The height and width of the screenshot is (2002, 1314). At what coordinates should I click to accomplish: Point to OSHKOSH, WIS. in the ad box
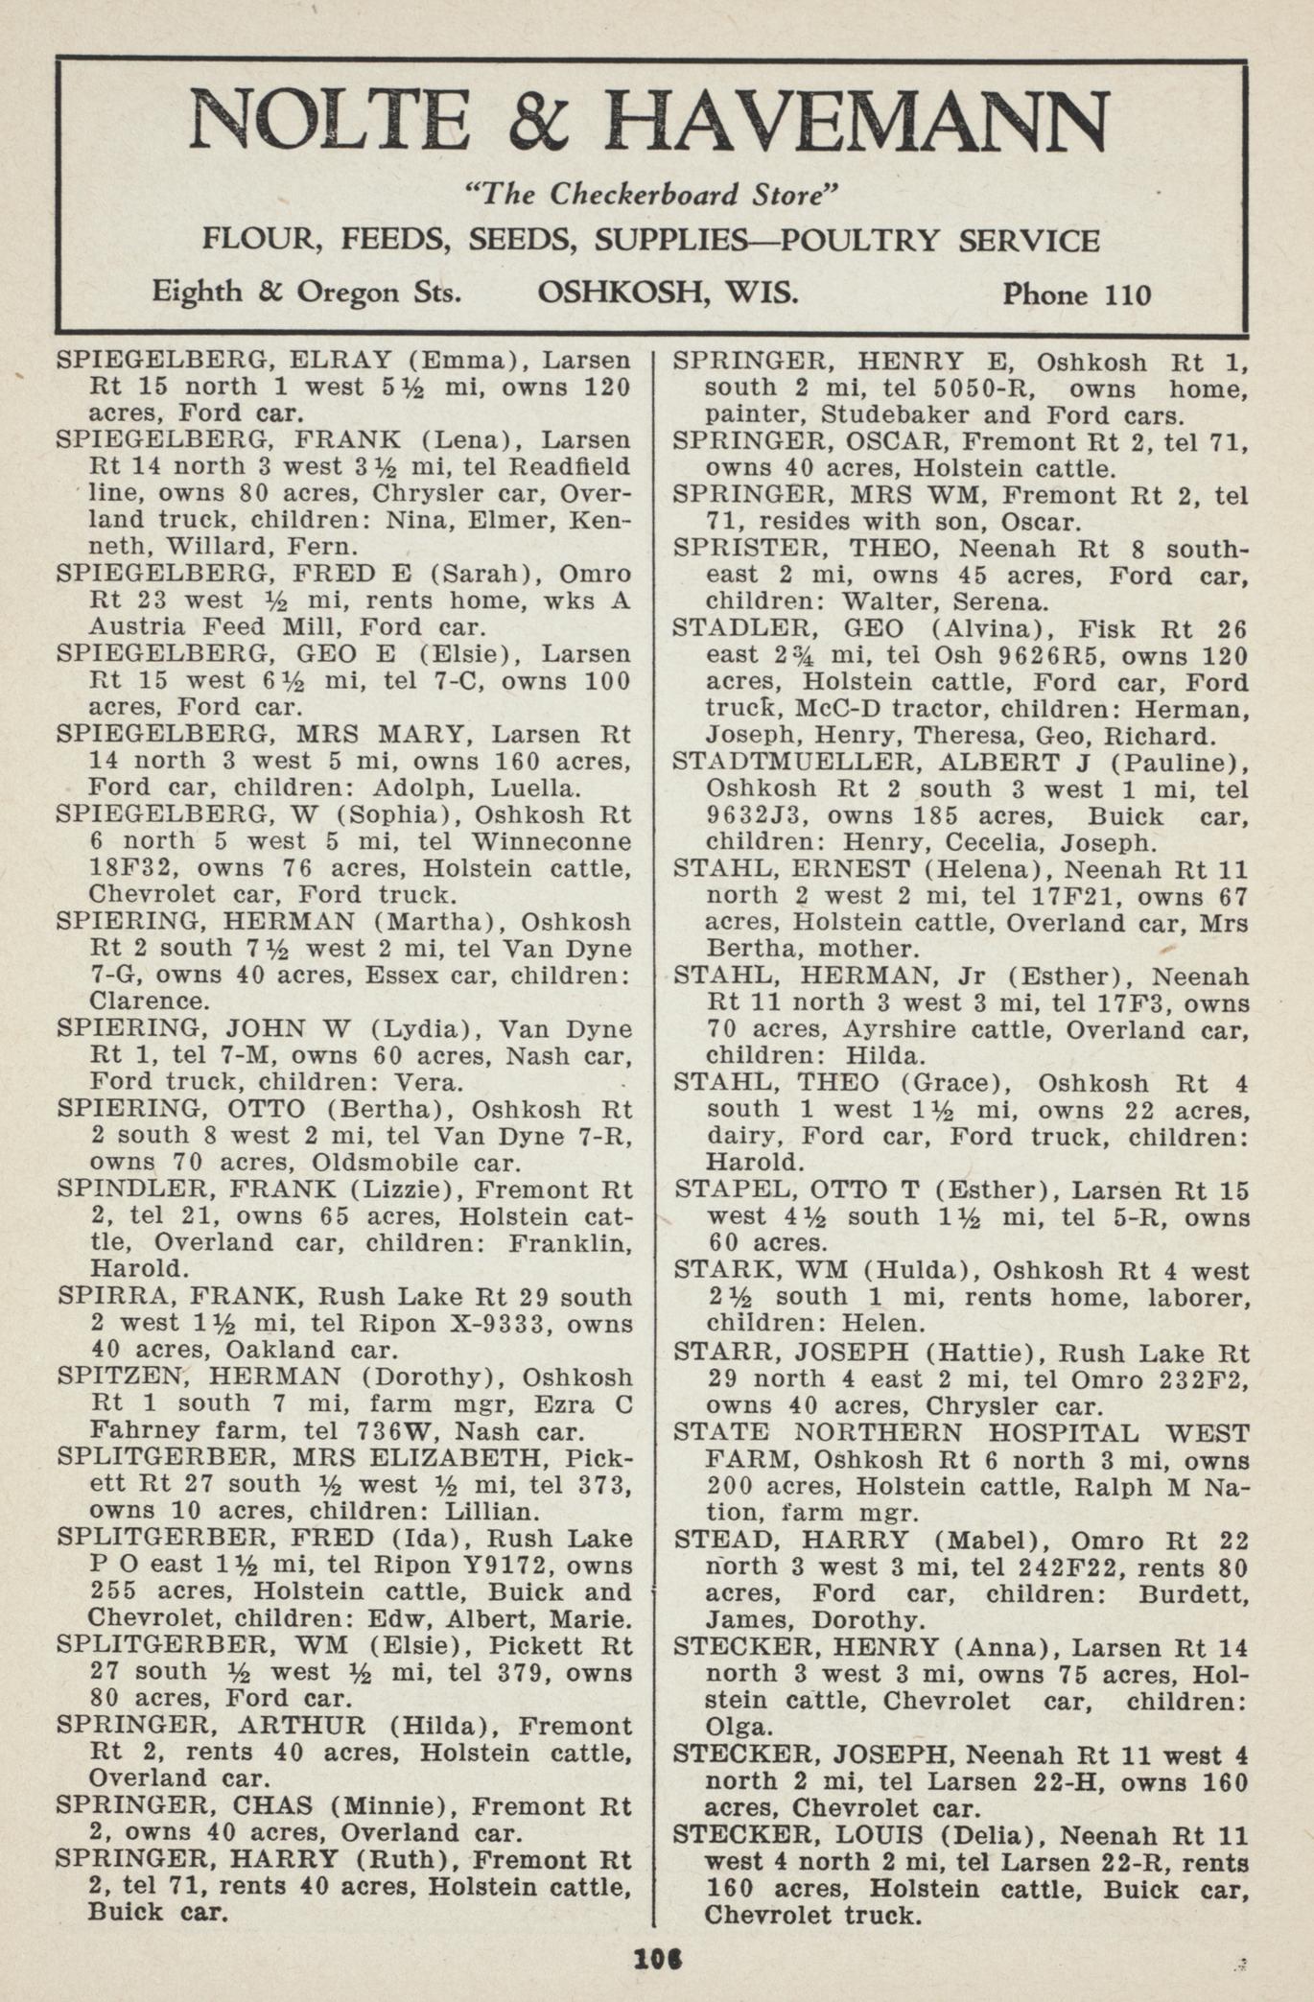point(668,292)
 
